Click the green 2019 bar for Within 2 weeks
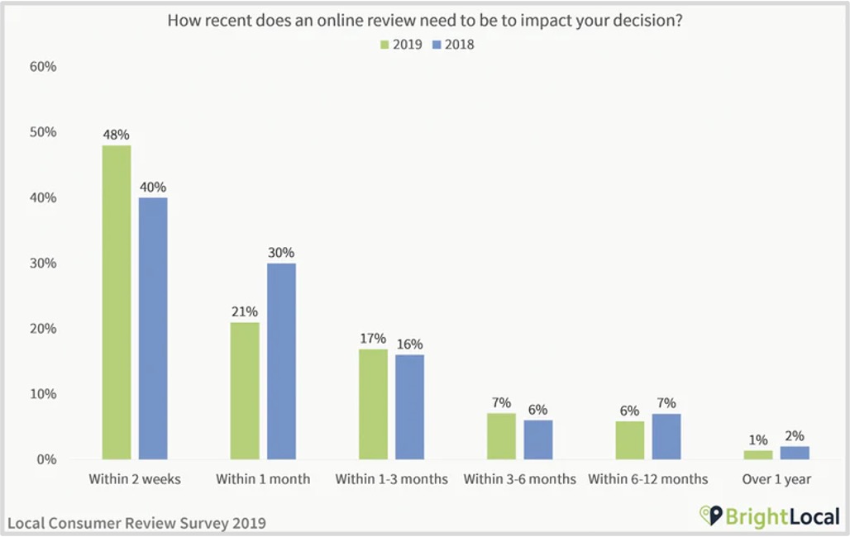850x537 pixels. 116,302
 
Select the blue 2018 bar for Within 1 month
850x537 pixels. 281,361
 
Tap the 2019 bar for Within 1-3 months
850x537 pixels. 373,403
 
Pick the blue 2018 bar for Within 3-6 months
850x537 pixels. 537,440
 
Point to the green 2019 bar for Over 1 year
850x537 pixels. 758,454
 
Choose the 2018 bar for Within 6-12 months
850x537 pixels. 666,436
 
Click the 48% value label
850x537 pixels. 116,134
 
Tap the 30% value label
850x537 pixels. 281,252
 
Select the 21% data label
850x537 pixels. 245,311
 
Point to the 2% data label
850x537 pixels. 795,435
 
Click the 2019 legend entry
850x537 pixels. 401,45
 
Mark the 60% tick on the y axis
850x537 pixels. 44,67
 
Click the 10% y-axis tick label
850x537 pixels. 44,394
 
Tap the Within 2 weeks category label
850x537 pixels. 134,479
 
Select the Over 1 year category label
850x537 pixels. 776,479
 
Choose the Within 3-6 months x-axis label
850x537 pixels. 519,479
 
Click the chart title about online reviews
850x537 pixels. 425,21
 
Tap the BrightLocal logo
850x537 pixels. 769,518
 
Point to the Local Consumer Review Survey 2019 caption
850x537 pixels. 137,523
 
